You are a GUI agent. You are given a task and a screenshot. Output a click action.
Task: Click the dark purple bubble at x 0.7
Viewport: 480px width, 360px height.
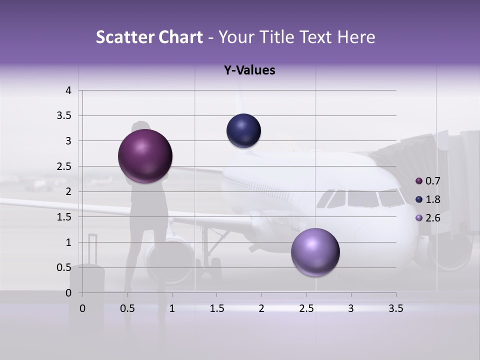tap(145, 156)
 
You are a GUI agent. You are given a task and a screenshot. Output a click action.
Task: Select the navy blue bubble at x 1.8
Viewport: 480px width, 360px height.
tap(243, 131)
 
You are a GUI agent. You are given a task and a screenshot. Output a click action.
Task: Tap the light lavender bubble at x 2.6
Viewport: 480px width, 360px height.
tap(315, 252)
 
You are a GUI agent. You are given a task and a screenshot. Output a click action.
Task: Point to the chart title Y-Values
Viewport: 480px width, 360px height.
tap(249, 70)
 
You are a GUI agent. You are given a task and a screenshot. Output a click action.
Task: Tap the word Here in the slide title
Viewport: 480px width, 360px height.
tap(356, 37)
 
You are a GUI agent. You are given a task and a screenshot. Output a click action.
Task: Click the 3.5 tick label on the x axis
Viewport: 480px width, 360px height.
tap(395, 308)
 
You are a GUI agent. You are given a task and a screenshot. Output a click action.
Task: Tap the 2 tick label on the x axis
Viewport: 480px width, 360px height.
tap(261, 308)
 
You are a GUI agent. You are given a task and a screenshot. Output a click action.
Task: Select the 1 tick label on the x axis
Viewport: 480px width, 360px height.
tap(172, 308)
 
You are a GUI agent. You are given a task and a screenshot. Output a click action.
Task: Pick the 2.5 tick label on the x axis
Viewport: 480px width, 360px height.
tap(306, 308)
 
